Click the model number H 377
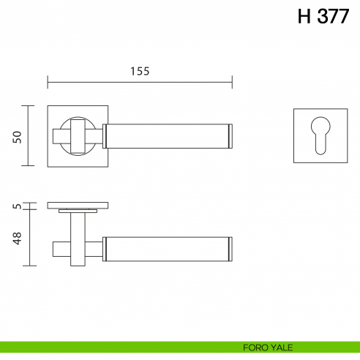323,18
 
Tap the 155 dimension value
140,71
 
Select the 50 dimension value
18,136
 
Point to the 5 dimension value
18,206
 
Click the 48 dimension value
18,238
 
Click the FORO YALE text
264,348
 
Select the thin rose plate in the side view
78,204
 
